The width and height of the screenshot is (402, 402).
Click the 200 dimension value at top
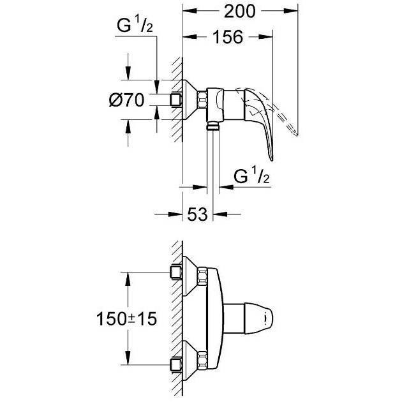pyautogui.click(x=240, y=11)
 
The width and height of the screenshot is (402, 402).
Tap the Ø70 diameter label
pyautogui.click(x=128, y=100)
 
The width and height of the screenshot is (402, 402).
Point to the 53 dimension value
pyautogui.click(x=197, y=214)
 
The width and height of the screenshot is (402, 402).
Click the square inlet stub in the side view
pyautogui.click(x=176, y=100)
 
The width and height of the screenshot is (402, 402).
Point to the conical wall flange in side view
pyautogui.click(x=190, y=100)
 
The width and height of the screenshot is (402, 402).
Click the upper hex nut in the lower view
pyautogui.click(x=204, y=278)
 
